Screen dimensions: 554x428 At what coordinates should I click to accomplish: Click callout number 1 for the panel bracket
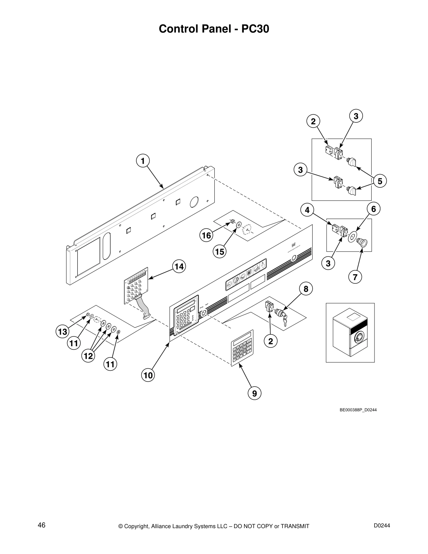point(142,161)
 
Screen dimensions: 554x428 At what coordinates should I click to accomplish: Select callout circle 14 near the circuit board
point(179,267)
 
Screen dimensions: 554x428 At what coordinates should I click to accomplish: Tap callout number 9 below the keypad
point(254,393)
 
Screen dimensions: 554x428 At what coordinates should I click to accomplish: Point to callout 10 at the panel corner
point(148,375)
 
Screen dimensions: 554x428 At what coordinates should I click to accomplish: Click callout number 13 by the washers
point(63,332)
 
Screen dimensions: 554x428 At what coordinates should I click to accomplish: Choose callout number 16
point(207,235)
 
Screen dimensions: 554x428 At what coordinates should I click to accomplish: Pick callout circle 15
point(220,251)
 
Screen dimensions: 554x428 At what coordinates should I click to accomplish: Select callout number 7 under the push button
point(355,277)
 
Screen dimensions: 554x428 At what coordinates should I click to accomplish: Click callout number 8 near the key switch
point(306,289)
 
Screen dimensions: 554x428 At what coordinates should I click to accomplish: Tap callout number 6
point(373,209)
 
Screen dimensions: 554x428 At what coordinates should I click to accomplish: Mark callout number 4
point(307,210)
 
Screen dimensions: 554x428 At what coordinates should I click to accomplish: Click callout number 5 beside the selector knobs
point(380,181)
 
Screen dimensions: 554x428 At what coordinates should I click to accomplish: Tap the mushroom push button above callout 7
point(363,242)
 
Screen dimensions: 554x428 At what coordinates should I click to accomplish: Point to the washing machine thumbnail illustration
point(350,332)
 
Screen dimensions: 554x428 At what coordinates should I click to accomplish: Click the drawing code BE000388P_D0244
point(358,410)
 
